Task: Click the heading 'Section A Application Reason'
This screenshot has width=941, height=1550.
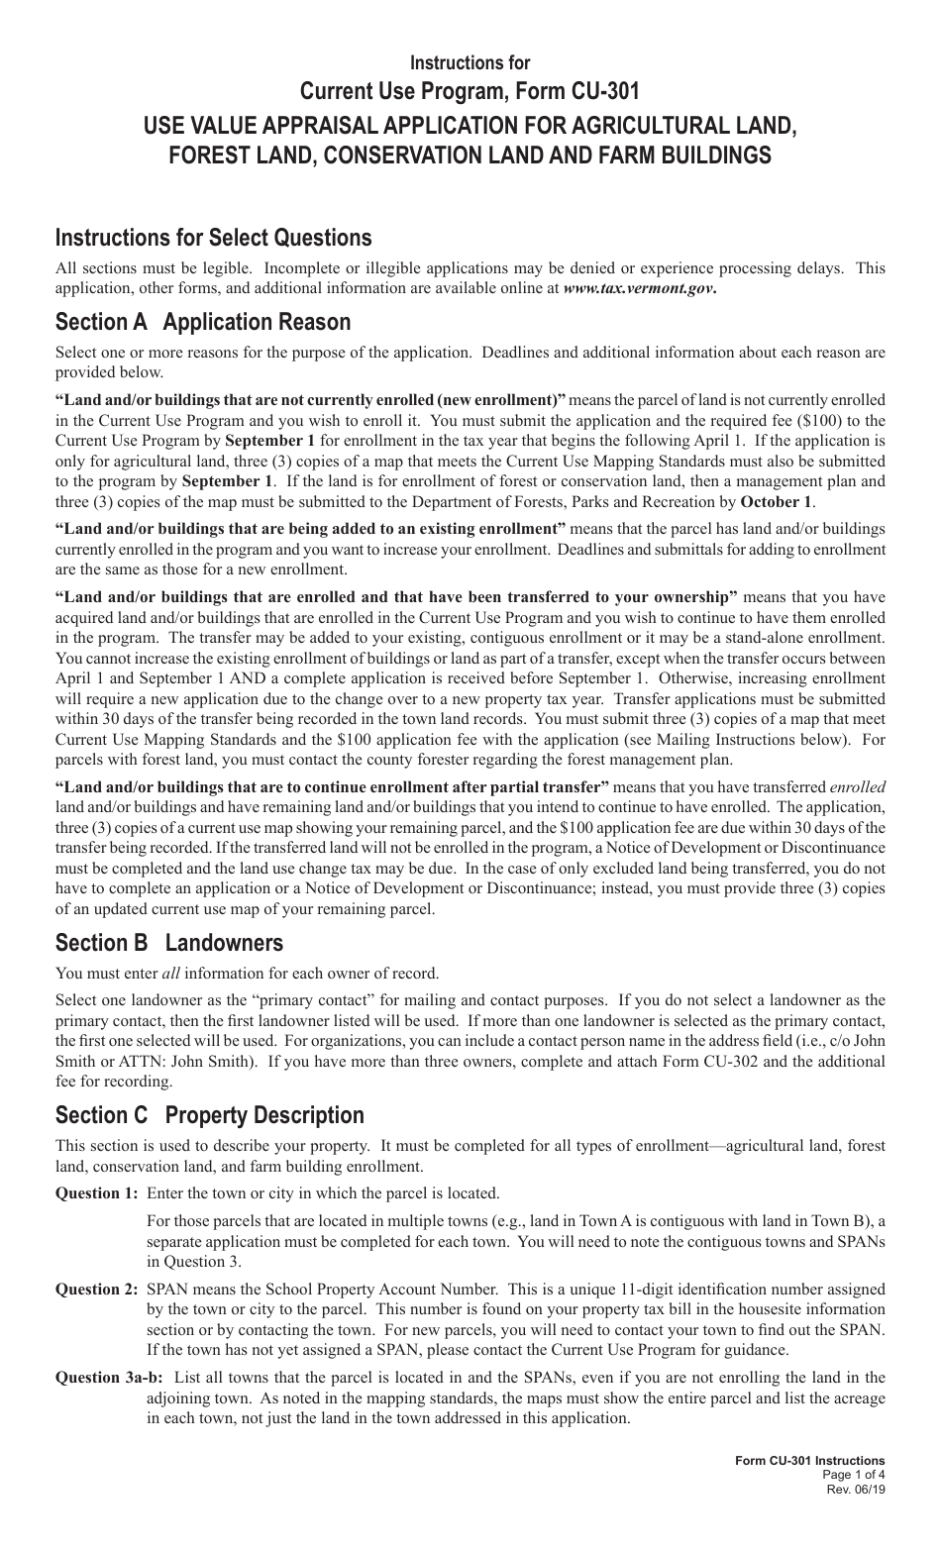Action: pyautogui.click(x=203, y=322)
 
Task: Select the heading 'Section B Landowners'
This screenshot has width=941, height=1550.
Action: pyautogui.click(x=169, y=943)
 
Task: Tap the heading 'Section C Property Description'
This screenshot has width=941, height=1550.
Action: pyautogui.click(x=210, y=1115)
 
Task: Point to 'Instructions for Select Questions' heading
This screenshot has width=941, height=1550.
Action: pyautogui.click(x=214, y=238)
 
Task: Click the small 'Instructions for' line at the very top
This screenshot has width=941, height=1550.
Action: pyautogui.click(x=470, y=62)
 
